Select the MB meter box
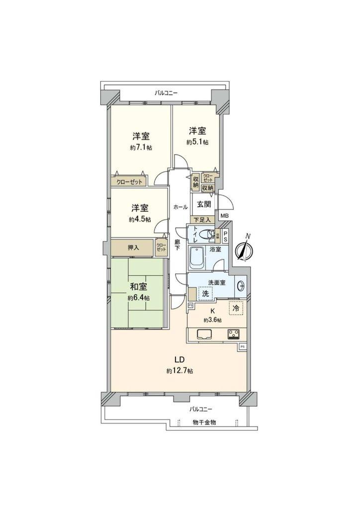point(224,216)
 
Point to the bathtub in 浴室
point(195,257)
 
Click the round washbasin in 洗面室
point(241,285)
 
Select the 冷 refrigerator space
point(236,308)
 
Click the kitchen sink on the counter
point(205,334)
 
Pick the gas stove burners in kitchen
point(234,334)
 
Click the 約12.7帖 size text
point(180,371)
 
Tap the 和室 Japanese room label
point(139,287)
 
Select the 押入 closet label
point(132,248)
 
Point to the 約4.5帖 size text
point(141,220)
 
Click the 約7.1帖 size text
point(141,148)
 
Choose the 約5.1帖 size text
point(197,142)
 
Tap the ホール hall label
point(180,207)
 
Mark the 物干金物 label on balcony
point(204,422)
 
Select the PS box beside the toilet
point(226,237)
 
